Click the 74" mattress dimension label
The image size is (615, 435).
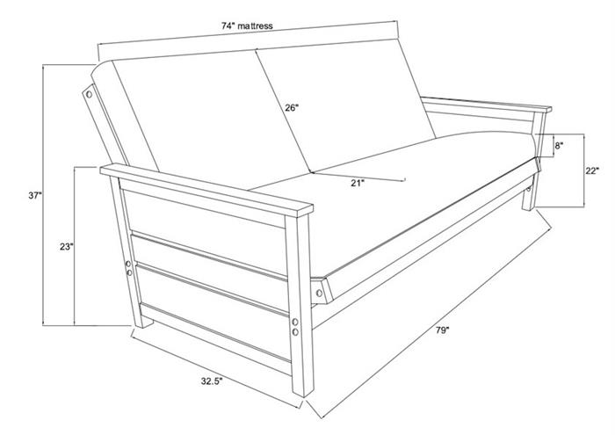tap(247, 25)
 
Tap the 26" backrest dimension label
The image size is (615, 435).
tap(292, 107)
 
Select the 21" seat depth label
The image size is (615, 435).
tap(358, 183)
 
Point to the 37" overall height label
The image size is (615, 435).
tap(35, 195)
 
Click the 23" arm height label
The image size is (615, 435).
tap(67, 247)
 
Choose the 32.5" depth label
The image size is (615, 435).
tap(213, 381)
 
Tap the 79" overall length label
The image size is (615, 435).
tap(442, 330)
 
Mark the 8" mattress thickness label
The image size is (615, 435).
tap(559, 146)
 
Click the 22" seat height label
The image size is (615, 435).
tap(592, 171)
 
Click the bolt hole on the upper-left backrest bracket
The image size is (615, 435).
tap(89, 94)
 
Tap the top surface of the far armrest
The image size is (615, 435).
tap(487, 102)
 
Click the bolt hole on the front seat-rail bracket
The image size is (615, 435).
tap(319, 293)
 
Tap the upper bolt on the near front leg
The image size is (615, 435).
tap(295, 323)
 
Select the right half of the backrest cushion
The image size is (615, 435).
tap(345, 106)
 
